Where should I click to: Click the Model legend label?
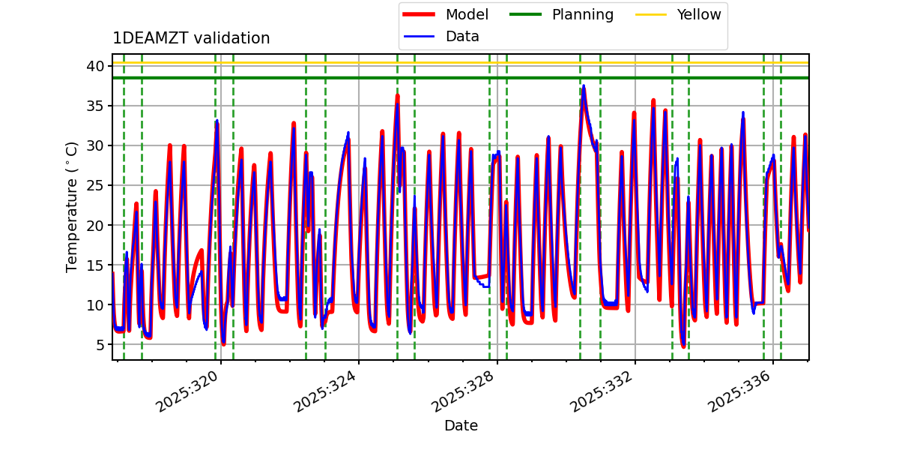coord(467,14)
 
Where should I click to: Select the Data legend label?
coord(462,36)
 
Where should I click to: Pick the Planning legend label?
coord(582,14)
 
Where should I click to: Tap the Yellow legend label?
coord(698,14)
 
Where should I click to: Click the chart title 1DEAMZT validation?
coord(191,38)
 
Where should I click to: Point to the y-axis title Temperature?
coord(72,207)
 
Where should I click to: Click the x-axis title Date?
coord(461,426)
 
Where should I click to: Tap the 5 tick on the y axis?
coord(98,345)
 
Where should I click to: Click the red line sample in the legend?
coord(421,14)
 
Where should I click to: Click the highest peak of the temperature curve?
coord(583,86)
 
